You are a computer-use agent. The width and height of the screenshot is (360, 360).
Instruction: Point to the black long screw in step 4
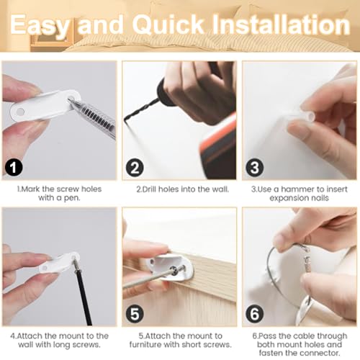[84, 295]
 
